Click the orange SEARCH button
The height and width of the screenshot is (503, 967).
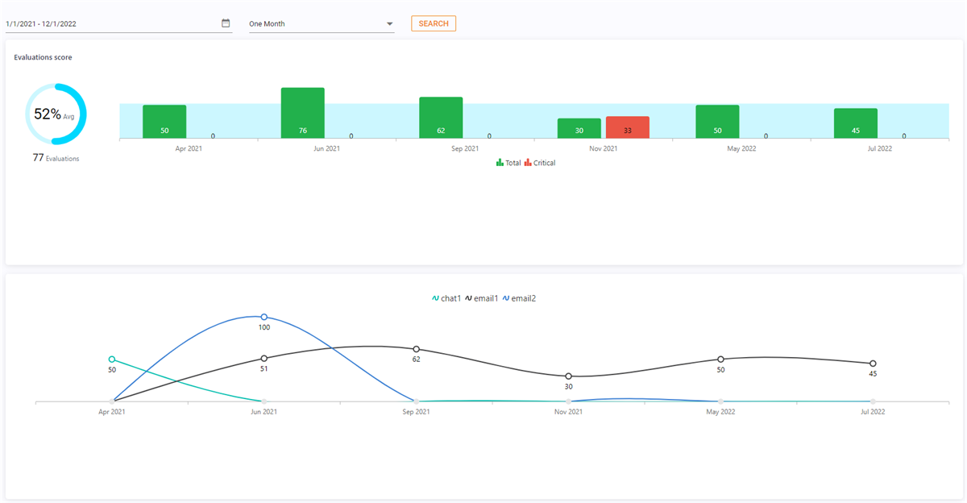click(x=434, y=23)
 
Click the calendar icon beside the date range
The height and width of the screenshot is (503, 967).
click(x=226, y=23)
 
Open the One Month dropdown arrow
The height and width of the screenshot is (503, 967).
click(x=389, y=24)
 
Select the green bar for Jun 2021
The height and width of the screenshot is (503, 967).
click(x=302, y=113)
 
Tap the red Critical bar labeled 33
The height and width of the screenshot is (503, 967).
click(x=628, y=127)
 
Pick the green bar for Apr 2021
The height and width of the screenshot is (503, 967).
click(x=164, y=122)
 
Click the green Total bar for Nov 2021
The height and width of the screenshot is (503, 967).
click(x=579, y=128)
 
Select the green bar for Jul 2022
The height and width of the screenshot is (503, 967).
click(x=856, y=123)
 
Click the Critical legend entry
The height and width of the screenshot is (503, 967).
click(x=540, y=163)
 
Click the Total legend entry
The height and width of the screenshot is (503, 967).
click(x=508, y=163)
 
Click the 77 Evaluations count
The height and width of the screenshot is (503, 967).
click(x=56, y=158)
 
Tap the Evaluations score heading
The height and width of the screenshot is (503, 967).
click(x=43, y=57)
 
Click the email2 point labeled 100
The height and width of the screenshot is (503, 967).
click(x=264, y=317)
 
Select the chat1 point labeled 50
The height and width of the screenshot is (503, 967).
click(x=112, y=360)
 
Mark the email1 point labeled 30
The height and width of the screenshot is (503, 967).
click(x=568, y=376)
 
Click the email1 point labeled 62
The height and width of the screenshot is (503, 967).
click(x=416, y=349)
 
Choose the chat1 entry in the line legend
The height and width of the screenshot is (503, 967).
click(x=446, y=298)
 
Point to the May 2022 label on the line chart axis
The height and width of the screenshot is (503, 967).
click(x=720, y=412)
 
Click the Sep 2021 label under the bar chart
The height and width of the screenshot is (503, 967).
click(x=465, y=149)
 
